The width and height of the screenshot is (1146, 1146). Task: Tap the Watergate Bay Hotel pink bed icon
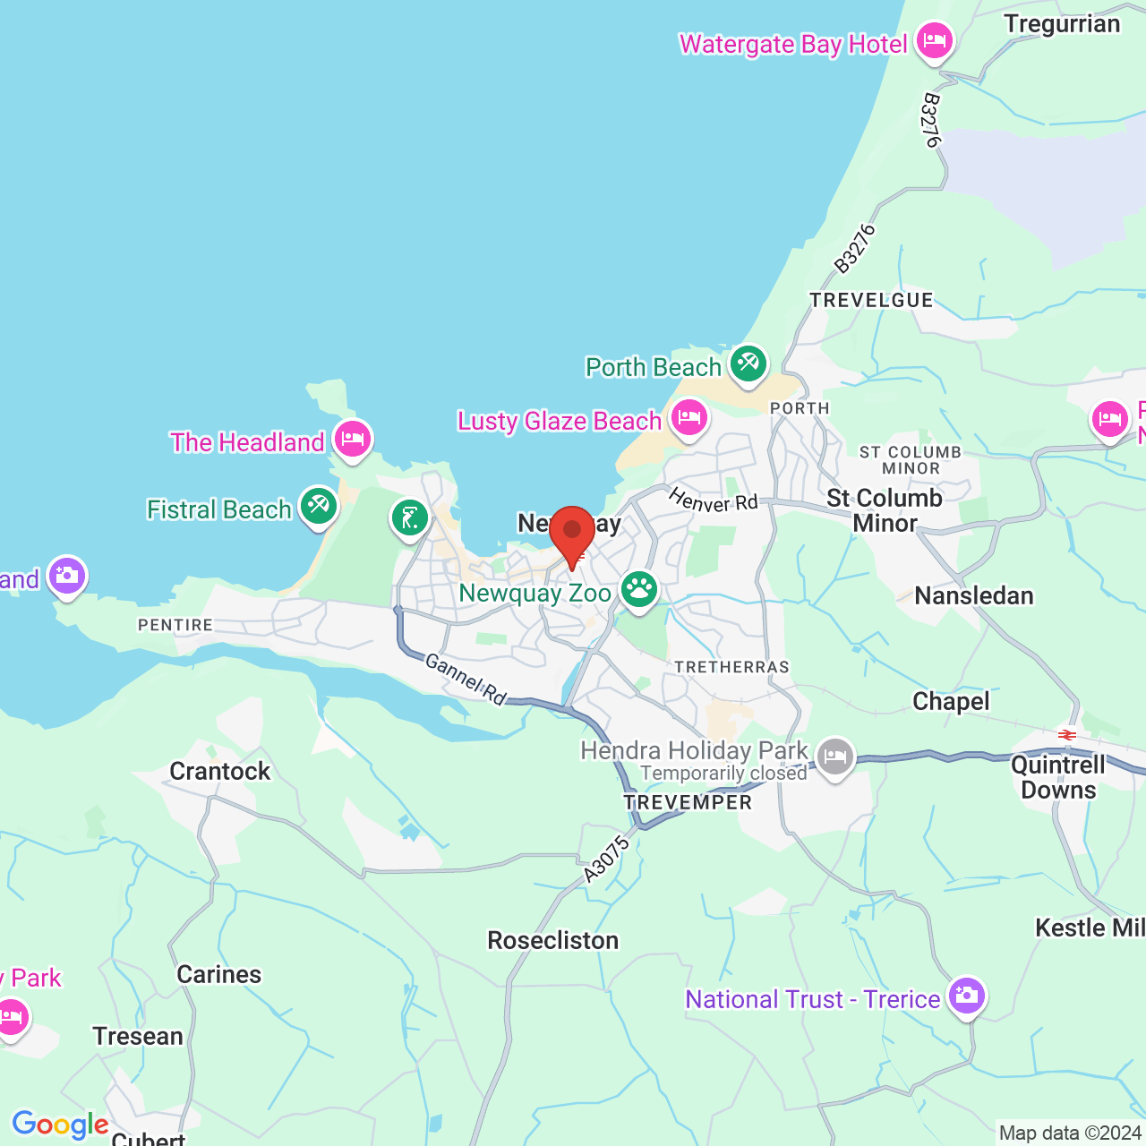point(935,40)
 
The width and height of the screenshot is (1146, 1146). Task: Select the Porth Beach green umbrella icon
point(748,363)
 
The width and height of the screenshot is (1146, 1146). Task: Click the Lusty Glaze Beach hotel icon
point(688,417)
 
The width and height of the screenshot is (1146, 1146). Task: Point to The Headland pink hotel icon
point(353,439)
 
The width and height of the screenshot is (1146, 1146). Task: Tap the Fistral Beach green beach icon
point(318,506)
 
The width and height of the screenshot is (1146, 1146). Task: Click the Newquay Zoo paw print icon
point(639,589)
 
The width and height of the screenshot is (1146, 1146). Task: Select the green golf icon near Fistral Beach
point(409,517)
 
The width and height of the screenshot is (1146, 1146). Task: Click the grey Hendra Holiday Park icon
point(834,757)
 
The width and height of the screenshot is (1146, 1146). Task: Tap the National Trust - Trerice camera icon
point(966,996)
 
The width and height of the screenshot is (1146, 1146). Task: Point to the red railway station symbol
point(1066,735)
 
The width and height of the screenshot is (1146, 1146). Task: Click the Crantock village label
point(219,771)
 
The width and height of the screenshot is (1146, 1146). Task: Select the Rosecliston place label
point(552,940)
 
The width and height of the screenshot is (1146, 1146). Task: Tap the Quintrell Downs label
point(1058,777)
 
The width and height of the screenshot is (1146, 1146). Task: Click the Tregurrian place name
point(1061,24)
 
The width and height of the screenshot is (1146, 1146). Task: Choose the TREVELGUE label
point(871,301)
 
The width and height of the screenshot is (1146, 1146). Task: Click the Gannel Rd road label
point(466,678)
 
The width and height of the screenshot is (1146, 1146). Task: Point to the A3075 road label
point(607,860)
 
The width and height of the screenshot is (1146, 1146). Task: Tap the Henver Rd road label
point(713,500)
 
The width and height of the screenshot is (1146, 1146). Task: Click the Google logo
point(60,1125)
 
